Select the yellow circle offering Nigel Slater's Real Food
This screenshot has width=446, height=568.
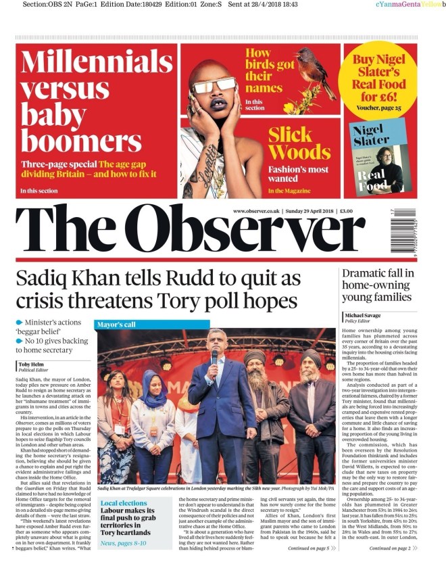pyautogui.click(x=378, y=79)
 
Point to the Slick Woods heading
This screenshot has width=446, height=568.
pyautogui.click(x=299, y=142)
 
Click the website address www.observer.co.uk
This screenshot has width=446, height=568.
pyautogui.click(x=256, y=212)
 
